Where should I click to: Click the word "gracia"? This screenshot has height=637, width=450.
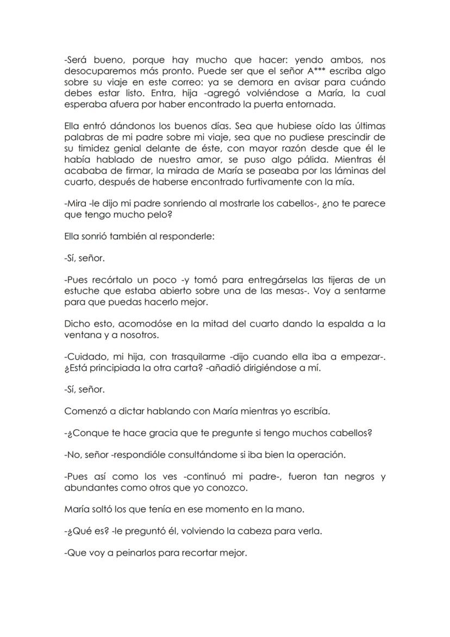(142, 433)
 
